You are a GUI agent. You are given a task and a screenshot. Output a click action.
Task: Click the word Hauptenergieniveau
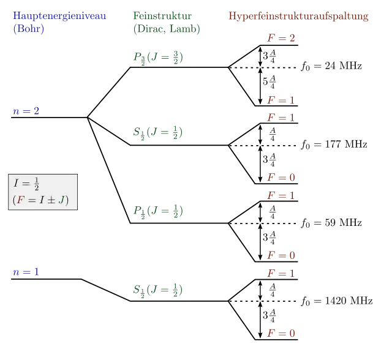59,17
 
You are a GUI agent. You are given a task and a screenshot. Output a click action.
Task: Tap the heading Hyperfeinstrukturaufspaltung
298,17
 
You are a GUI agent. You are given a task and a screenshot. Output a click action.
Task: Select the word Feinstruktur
162,16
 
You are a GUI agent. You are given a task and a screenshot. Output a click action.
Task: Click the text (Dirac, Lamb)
167,29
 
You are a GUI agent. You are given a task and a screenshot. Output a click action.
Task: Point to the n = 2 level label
26,111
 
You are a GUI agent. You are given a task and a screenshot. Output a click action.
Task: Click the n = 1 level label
26,272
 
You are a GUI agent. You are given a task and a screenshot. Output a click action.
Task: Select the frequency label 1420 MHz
349,301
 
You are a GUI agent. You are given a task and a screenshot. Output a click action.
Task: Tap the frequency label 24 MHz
343,66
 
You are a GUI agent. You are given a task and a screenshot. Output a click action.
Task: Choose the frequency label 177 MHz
346,144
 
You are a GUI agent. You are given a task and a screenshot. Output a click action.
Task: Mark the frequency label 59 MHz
343,223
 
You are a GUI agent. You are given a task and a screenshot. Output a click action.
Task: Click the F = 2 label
281,38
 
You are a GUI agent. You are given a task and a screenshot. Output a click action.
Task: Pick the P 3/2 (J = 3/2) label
158,58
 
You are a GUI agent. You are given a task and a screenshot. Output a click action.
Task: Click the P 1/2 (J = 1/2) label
158,212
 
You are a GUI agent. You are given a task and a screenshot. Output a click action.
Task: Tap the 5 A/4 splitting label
269,81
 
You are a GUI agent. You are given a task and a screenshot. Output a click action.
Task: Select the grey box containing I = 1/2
43,192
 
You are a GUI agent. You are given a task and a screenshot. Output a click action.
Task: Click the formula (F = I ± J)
40,200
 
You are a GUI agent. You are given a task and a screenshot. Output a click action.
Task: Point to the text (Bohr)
29,29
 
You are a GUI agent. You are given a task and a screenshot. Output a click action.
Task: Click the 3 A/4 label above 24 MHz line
269,56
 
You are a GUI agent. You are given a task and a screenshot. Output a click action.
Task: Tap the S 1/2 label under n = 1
158,291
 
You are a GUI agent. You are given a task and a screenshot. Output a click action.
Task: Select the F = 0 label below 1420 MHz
281,333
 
